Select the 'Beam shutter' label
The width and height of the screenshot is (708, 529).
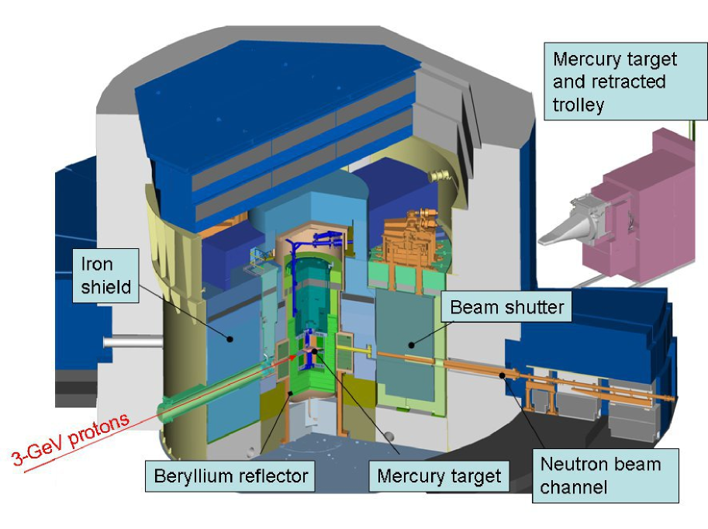(507, 308)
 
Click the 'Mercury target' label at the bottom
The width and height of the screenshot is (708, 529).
(439, 475)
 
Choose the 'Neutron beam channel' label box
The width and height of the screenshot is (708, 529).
(605, 475)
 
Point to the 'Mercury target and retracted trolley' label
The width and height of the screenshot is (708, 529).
(625, 82)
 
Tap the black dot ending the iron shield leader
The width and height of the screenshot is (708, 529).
(230, 338)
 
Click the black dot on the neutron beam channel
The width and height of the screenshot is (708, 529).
(503, 375)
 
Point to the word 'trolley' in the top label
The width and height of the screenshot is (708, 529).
(578, 105)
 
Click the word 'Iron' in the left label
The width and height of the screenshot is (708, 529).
(97, 265)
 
